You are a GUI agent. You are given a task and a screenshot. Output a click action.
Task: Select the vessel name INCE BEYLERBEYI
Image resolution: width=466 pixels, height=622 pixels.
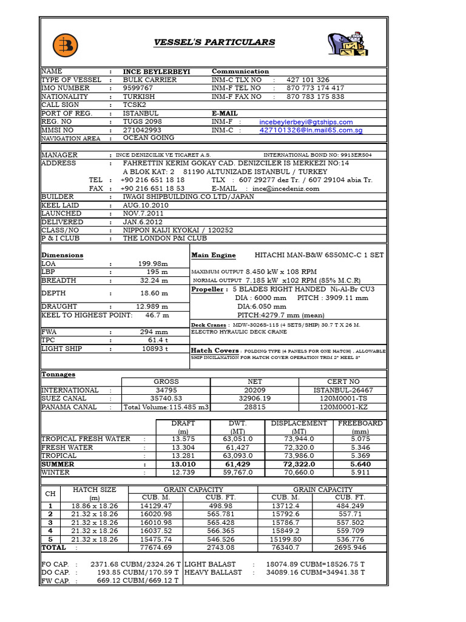157,72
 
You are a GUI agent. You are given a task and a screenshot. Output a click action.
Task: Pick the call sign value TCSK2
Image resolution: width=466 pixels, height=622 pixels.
136,105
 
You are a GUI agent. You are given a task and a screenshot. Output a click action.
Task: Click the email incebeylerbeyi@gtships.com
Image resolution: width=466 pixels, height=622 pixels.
306,122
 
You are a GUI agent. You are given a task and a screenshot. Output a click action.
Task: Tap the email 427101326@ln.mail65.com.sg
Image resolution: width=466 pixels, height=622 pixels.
311,130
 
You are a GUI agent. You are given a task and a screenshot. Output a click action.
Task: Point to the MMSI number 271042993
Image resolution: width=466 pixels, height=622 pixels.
142,130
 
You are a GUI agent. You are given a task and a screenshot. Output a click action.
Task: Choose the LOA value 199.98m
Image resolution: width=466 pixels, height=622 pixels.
153,264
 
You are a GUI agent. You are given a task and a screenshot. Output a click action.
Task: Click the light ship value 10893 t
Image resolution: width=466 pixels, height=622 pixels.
155,349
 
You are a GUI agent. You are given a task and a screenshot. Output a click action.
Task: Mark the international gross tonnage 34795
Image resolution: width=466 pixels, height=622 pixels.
166,390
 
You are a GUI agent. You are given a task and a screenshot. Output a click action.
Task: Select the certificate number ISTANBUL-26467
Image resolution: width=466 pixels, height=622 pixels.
343,390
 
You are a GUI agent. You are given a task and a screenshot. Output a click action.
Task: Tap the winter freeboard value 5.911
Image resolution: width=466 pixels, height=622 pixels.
360,472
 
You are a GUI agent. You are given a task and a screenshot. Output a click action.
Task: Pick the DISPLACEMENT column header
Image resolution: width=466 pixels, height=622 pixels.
299,423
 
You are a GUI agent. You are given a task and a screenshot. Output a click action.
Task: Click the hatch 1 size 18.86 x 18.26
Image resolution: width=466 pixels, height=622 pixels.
94,505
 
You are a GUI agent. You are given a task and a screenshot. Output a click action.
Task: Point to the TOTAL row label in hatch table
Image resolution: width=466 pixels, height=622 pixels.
53,547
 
